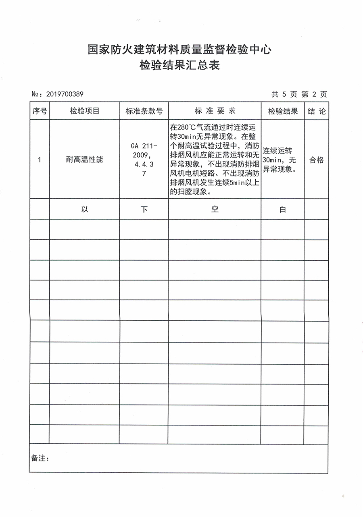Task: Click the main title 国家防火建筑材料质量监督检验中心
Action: pos(179,50)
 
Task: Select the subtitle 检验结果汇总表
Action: pos(179,65)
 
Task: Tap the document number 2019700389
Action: pos(65,94)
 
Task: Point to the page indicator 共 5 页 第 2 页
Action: pos(299,94)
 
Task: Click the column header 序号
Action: pos(40,111)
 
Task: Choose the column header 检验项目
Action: pos(84,111)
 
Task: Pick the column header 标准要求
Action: pos(215,111)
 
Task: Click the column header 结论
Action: pos(316,111)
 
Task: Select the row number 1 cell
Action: pos(40,160)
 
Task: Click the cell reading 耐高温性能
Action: pos(84,160)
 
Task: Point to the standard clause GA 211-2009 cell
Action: pos(144,160)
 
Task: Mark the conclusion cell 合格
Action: pos(316,160)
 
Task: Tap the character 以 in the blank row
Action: pos(84,209)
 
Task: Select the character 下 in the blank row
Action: pos(144,210)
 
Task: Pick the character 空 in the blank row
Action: pos(215,209)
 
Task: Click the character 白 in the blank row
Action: pos(283,210)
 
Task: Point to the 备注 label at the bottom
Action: pos(40,458)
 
